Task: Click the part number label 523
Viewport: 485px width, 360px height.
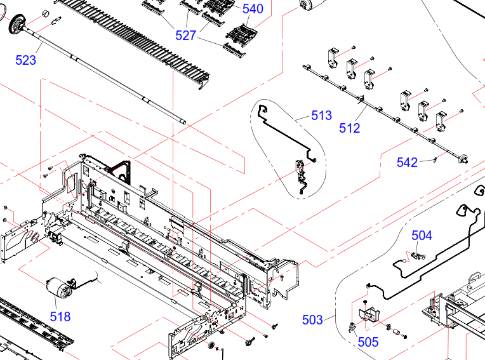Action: pos(25,60)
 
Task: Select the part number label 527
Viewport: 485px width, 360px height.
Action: pos(185,36)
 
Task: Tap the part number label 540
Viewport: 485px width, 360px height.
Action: pos(253,9)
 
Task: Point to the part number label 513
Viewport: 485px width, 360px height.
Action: pos(321,116)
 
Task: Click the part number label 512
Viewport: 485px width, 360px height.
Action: pos(350,128)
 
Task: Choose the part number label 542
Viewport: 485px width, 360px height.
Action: pos(407,163)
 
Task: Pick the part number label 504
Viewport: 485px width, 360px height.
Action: pos(422,236)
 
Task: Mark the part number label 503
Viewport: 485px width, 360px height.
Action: pos(312,320)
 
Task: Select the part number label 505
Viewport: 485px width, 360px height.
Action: pos(368,342)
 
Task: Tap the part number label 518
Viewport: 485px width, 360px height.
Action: pos(60,317)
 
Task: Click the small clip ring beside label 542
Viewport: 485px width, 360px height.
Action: pos(435,159)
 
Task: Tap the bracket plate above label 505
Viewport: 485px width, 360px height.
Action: pos(369,315)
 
